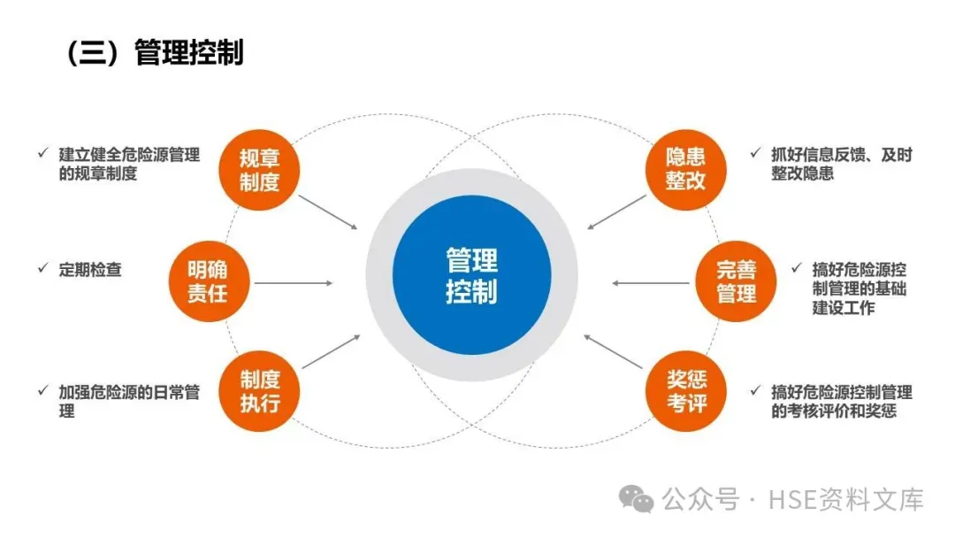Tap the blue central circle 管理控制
tap(471, 275)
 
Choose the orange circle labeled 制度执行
tap(259, 391)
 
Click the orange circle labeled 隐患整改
tap(685, 168)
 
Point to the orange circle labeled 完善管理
tap(737, 281)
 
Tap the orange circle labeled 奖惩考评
tap(685, 393)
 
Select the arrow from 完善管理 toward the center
tap(651, 283)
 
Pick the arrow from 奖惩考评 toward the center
tap(614, 351)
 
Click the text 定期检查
tap(90, 270)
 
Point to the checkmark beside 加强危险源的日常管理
tap(42, 390)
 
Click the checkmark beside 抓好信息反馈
tap(754, 153)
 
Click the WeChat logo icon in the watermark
tap(637, 500)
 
